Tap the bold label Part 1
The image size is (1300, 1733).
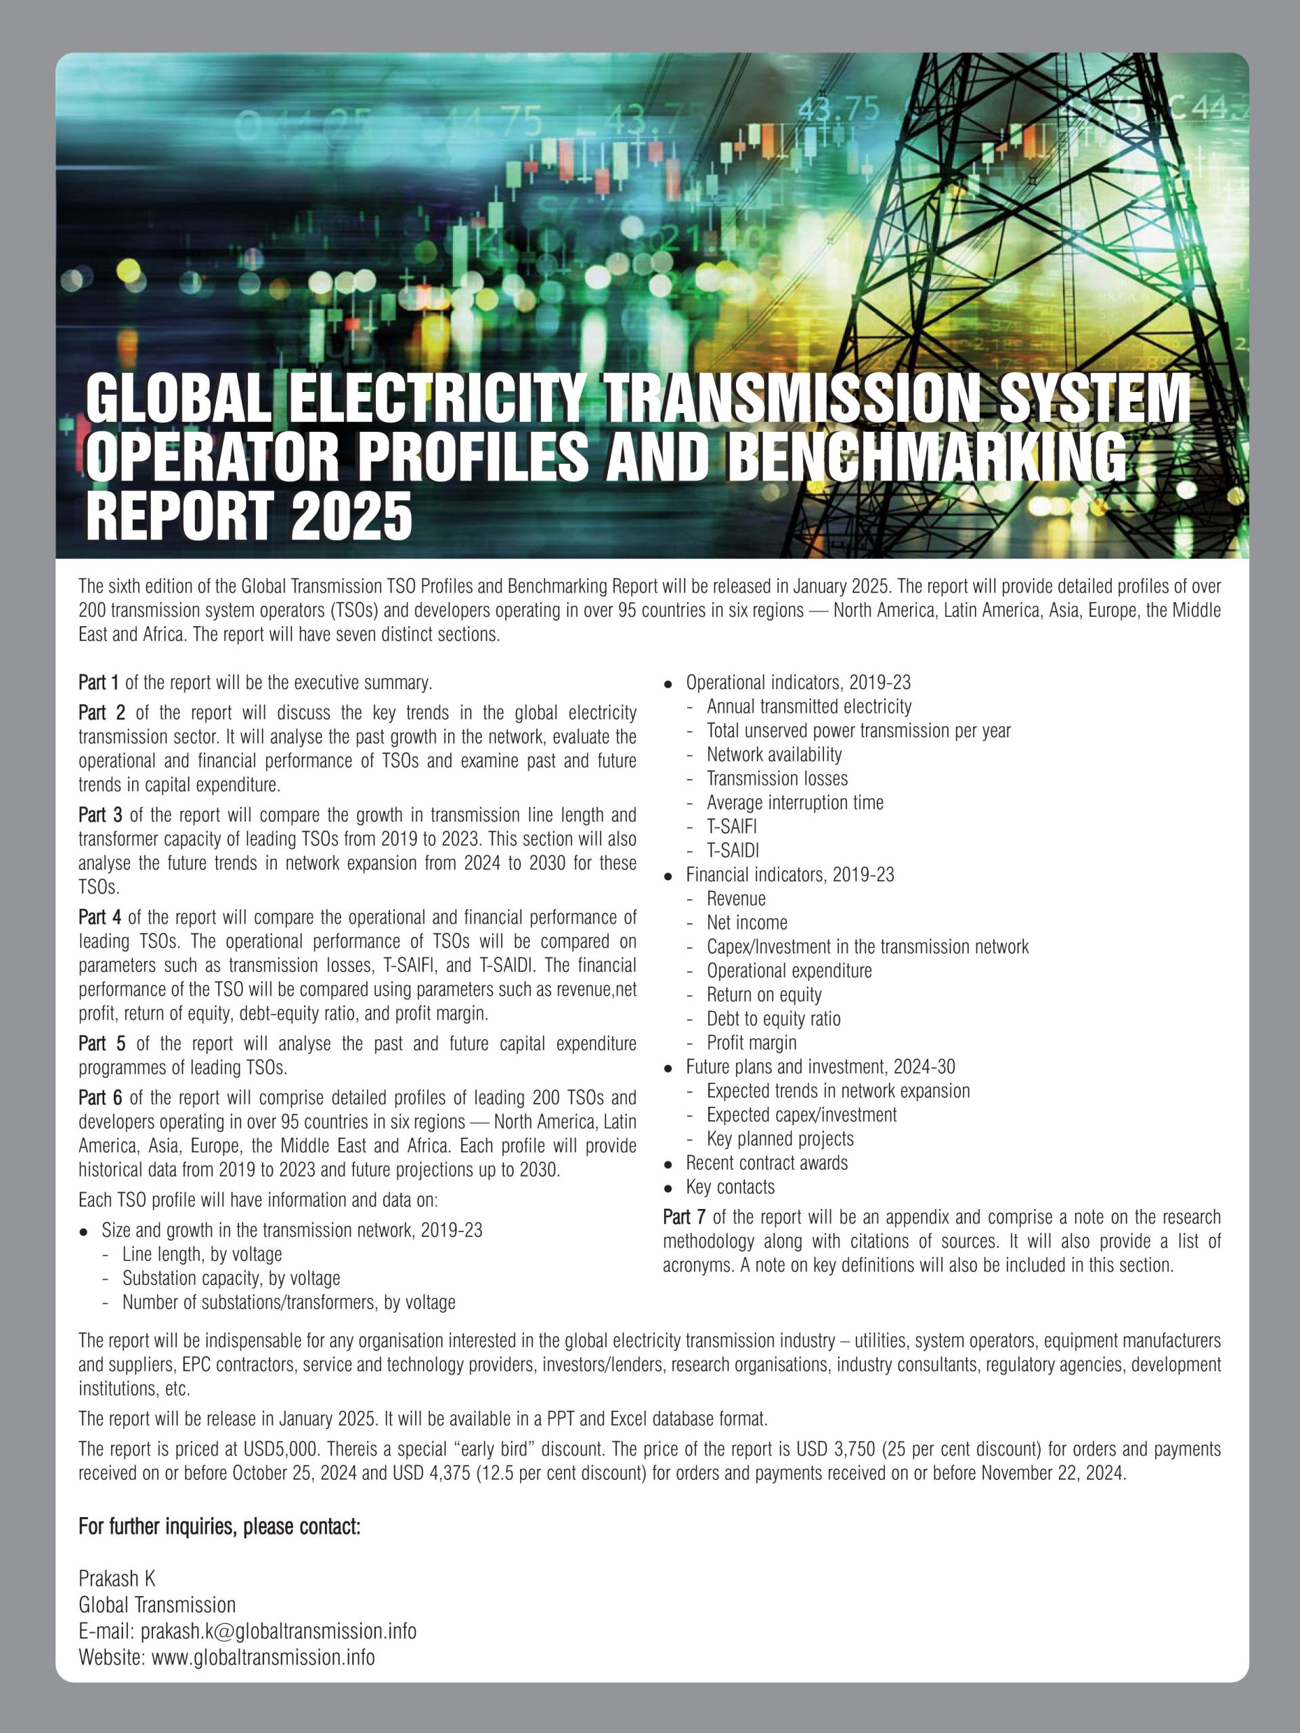point(99,682)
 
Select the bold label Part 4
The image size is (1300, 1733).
point(100,917)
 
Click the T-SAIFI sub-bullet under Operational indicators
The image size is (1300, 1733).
point(731,827)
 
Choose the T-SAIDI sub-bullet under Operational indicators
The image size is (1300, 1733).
point(733,851)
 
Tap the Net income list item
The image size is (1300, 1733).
point(747,923)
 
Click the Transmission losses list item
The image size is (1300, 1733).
point(777,778)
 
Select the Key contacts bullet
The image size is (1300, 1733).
point(729,1187)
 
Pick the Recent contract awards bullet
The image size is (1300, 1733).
point(766,1162)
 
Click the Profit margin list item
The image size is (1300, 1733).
point(751,1043)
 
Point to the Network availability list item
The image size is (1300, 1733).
point(774,755)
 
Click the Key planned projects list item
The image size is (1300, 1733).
point(780,1139)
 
